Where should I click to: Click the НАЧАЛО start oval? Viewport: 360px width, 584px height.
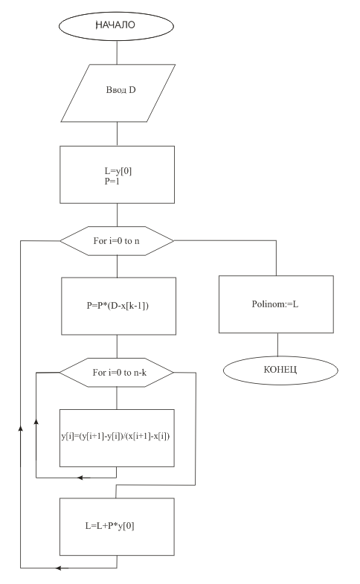[x=116, y=26]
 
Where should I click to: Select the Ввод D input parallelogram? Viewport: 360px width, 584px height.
[x=118, y=93]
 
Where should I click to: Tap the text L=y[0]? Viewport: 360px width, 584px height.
[x=118, y=171]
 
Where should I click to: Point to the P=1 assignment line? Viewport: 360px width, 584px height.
[x=112, y=182]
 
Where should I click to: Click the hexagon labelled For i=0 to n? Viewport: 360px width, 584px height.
[x=117, y=240]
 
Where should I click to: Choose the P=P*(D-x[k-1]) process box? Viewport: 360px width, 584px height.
[x=118, y=306]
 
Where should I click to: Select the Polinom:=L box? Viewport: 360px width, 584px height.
[x=276, y=304]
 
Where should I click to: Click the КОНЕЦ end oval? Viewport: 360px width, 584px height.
[x=280, y=370]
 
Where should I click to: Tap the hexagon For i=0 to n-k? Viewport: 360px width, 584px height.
[x=117, y=373]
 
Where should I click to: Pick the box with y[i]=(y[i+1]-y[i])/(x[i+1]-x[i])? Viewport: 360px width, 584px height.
[x=117, y=438]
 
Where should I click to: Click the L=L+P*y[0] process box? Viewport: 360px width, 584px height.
[x=117, y=527]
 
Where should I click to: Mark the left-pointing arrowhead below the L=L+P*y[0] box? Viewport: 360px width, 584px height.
[x=60, y=568]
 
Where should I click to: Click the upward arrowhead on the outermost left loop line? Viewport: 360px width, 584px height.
[x=21, y=429]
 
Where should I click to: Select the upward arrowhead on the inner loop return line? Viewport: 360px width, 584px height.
[x=36, y=421]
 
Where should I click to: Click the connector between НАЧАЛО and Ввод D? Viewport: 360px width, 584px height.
[x=117, y=53]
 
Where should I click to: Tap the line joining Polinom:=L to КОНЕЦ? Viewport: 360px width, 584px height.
[x=277, y=344]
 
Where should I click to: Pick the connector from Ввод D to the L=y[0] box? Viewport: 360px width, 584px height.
[x=117, y=134]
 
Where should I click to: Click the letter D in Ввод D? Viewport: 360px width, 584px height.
[x=132, y=90]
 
